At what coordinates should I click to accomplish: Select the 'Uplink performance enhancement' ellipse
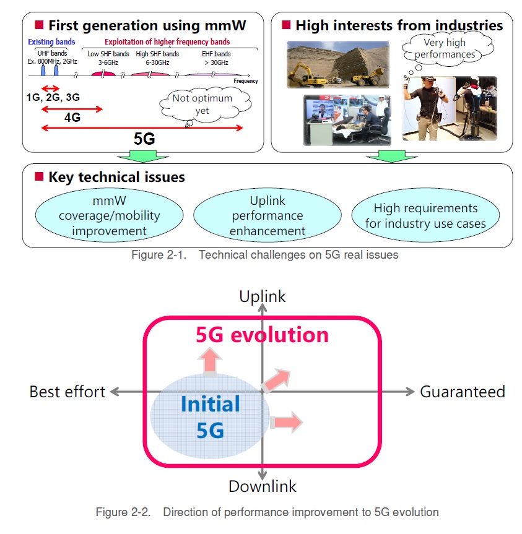pyautogui.click(x=268, y=216)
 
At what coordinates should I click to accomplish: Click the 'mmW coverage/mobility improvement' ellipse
pyautogui.click(x=109, y=216)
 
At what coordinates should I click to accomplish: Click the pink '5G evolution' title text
pyautogui.click(x=262, y=335)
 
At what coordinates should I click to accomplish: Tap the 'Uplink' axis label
pyautogui.click(x=263, y=296)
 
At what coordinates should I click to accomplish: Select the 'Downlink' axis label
pyautogui.click(x=263, y=486)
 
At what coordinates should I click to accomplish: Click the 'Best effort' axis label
pyautogui.click(x=67, y=392)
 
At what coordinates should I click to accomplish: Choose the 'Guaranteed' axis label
pyautogui.click(x=463, y=392)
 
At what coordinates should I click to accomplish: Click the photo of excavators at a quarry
pyautogui.click(x=337, y=65)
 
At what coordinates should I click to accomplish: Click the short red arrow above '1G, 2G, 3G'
pyautogui.click(x=50, y=88)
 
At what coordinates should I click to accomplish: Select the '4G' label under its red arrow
pyautogui.click(x=72, y=118)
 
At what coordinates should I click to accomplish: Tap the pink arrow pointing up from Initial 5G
pyautogui.click(x=211, y=360)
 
